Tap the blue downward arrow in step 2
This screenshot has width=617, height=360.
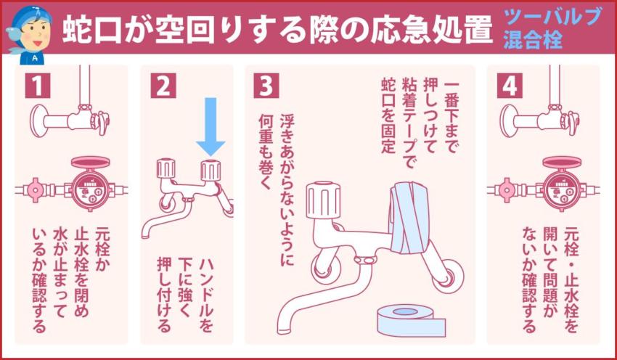pyautogui.click(x=211, y=125)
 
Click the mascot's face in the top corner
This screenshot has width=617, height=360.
pyautogui.click(x=31, y=28)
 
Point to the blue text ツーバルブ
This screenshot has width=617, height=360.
pyautogui.click(x=553, y=17)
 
